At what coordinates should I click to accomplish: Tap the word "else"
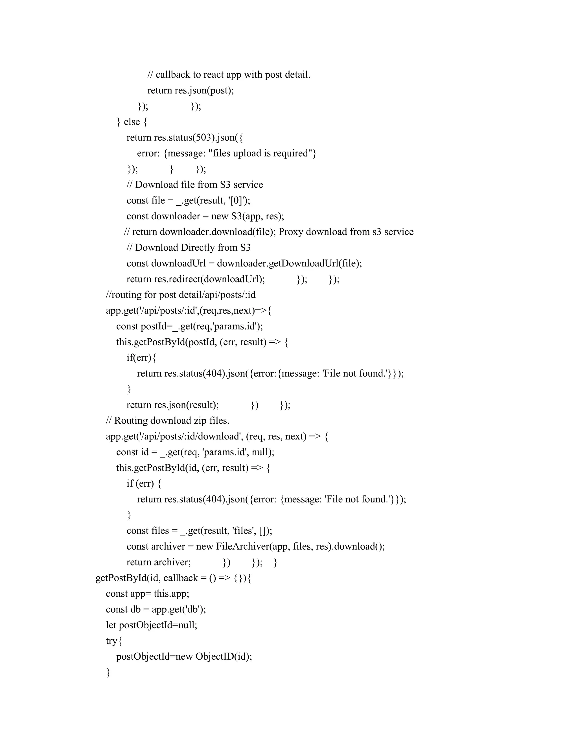pyautogui.click(x=132, y=122)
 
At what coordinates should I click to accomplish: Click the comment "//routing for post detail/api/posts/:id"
pyautogui.click(x=181, y=295)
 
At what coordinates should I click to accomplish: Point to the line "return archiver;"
pyautogui.click(x=159, y=562)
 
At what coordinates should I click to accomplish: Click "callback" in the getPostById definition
pyautogui.click(x=180, y=578)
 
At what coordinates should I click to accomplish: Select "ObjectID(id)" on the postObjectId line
pyautogui.click(x=223, y=657)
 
